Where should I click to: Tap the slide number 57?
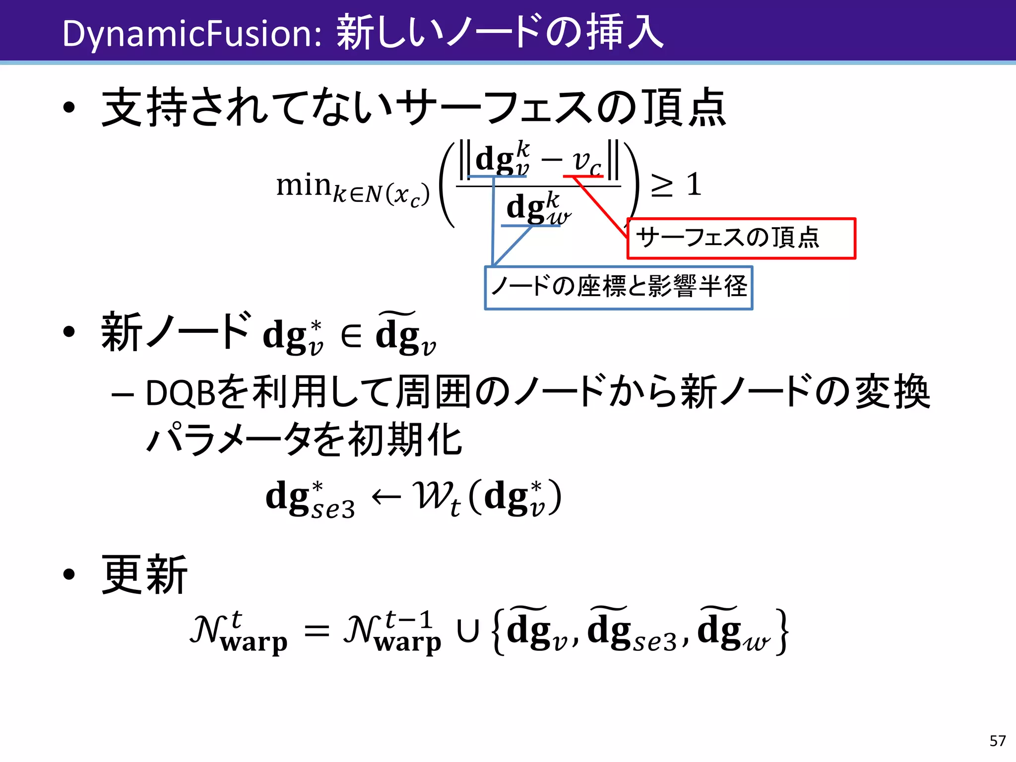997,741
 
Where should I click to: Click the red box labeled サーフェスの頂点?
741,238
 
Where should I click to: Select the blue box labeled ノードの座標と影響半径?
618,288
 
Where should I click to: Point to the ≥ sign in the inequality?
662,186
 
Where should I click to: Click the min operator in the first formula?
303,186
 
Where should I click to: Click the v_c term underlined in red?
586,162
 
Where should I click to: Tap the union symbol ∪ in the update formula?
468,632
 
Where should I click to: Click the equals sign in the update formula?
317,632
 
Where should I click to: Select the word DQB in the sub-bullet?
180,393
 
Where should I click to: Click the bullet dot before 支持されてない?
69,108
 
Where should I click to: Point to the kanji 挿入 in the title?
625,33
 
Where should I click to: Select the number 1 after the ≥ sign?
694,185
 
